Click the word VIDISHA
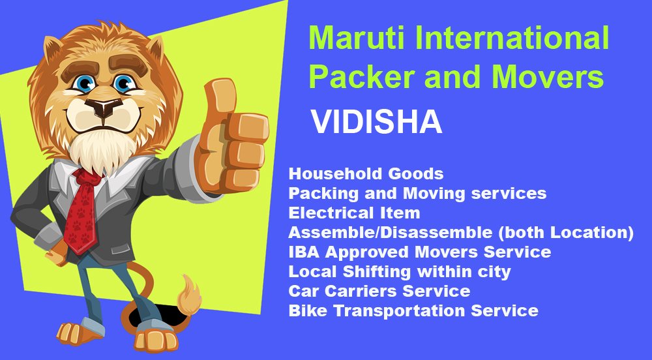pyautogui.click(x=376, y=122)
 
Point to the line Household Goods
pyautogui.click(x=366, y=173)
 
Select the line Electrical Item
pyautogui.click(x=354, y=213)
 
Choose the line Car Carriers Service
pyautogui.click(x=379, y=291)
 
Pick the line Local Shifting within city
pyautogui.click(x=400, y=271)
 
